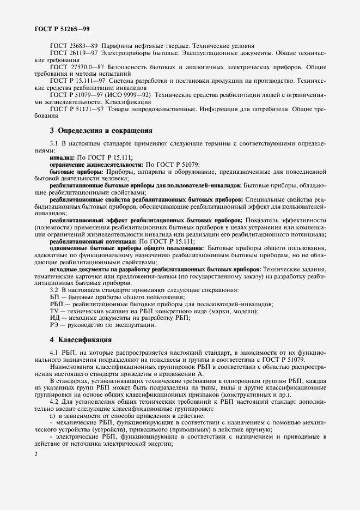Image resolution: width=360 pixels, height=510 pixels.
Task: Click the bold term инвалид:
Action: (62, 157)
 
